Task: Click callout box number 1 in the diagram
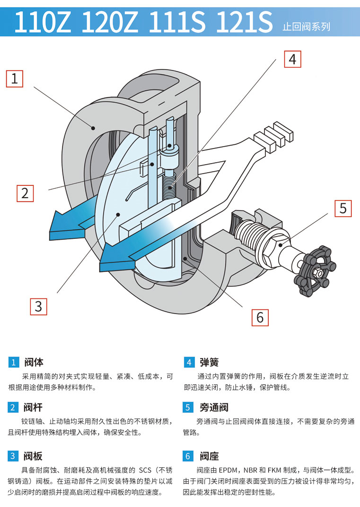(x=14, y=79)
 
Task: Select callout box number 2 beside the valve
(x=25, y=193)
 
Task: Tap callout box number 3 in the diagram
(x=38, y=306)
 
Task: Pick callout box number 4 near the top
(x=292, y=60)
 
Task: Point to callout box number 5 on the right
(x=343, y=208)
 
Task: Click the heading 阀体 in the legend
(x=33, y=363)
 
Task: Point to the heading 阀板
(x=33, y=456)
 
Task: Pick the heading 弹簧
(x=209, y=363)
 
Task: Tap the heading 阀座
(x=209, y=456)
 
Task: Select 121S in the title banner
(x=244, y=22)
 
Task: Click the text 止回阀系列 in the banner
(x=306, y=27)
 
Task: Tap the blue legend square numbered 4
(x=189, y=363)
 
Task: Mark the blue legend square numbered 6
(x=189, y=456)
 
